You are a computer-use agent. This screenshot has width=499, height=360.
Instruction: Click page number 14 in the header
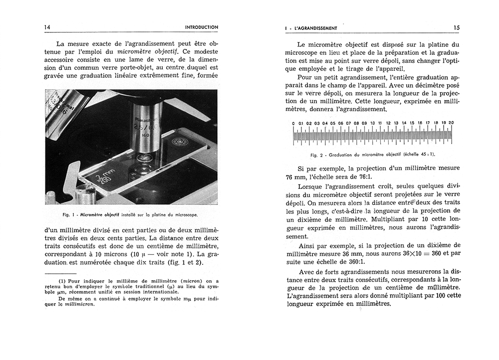tap(47, 27)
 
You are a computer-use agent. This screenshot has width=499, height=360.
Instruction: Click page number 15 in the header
tap(456, 28)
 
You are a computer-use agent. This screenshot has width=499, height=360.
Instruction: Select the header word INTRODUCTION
tap(201, 27)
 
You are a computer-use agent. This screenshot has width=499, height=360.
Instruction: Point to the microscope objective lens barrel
tap(147, 125)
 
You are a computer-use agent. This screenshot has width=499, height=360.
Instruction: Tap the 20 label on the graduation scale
tap(451, 123)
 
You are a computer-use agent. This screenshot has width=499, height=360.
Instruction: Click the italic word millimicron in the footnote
tap(80, 305)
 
